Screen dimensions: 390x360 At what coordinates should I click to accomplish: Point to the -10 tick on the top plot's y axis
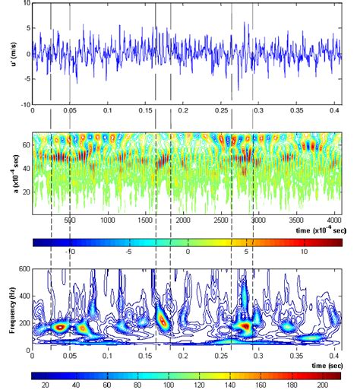24,104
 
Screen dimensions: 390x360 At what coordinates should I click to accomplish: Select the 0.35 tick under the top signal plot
294,111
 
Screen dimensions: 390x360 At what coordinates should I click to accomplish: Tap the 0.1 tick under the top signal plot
107,111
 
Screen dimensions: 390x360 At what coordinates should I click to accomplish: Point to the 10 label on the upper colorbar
303,250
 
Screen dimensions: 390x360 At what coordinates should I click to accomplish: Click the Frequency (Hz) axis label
7,310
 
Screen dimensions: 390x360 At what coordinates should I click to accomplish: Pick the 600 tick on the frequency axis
23,269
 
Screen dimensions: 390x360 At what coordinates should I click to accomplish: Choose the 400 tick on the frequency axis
23,296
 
